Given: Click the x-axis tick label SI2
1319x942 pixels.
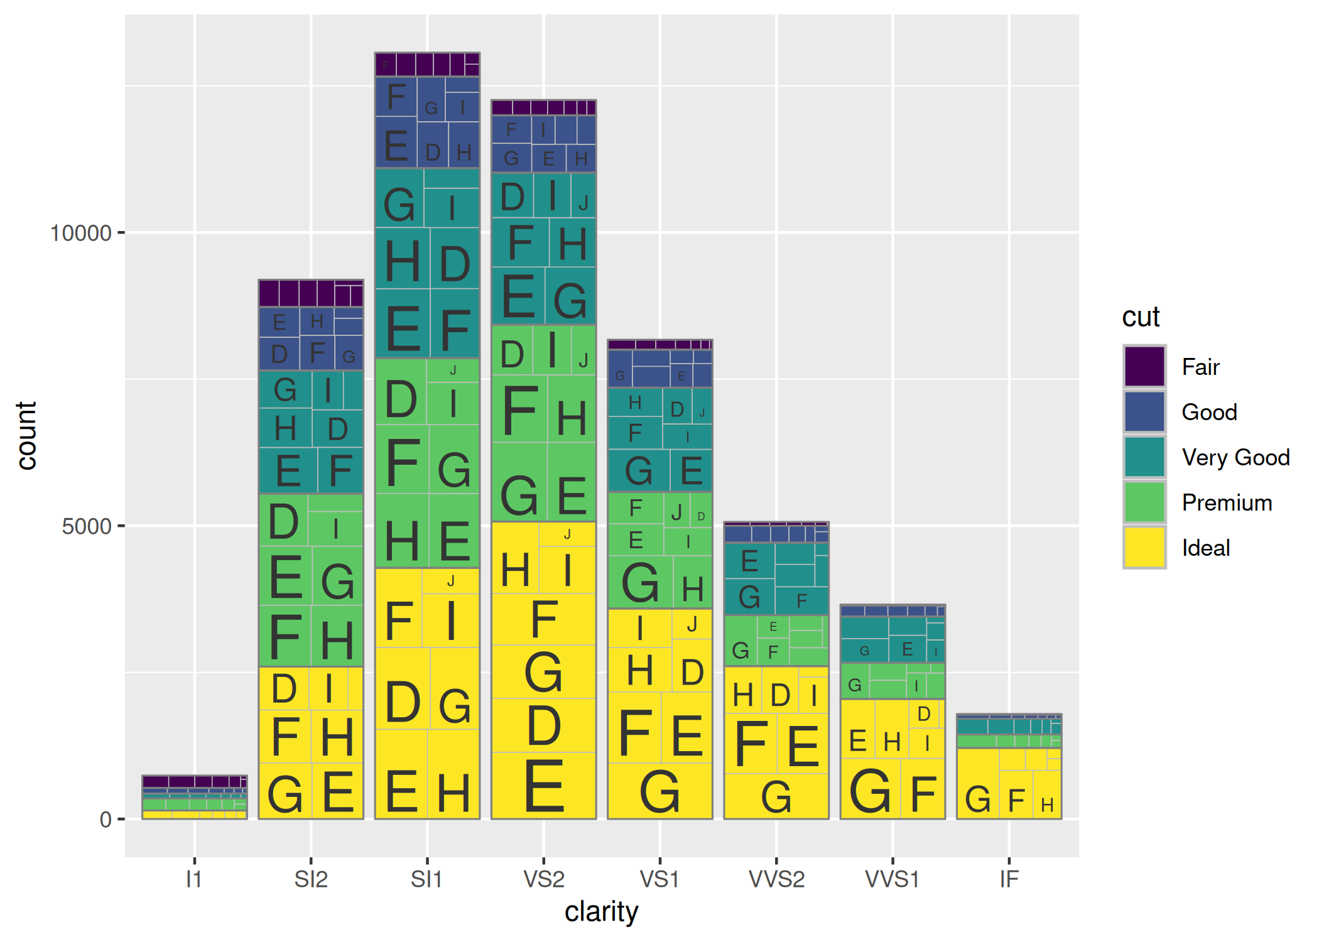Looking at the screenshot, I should (x=311, y=879).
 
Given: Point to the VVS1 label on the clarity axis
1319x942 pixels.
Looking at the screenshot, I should (x=892, y=879).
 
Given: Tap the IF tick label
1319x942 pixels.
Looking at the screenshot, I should (x=1009, y=879).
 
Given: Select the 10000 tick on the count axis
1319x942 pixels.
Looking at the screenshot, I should (x=80, y=233).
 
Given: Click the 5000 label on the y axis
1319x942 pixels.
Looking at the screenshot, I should (x=87, y=526).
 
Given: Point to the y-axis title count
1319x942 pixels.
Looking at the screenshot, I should (x=26, y=435).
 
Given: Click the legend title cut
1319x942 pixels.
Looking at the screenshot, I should (x=1141, y=317).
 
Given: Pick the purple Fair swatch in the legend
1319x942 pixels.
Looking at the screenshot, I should (x=1144, y=366).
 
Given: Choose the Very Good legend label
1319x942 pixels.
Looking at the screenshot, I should (x=1235, y=457).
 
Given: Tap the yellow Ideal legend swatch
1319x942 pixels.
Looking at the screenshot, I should (x=1144, y=548).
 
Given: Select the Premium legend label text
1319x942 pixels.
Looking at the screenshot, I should (x=1227, y=502).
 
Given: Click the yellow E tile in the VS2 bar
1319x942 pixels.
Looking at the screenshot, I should (x=544, y=785).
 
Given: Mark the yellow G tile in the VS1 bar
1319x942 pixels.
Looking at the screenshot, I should (x=659, y=791).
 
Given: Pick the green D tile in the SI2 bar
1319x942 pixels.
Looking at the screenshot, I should (x=283, y=521).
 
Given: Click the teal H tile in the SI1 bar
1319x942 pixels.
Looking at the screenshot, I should (x=402, y=260).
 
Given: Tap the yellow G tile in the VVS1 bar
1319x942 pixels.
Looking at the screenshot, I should (x=870, y=790).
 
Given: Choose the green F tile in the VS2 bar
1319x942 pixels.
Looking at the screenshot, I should (x=519, y=410).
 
